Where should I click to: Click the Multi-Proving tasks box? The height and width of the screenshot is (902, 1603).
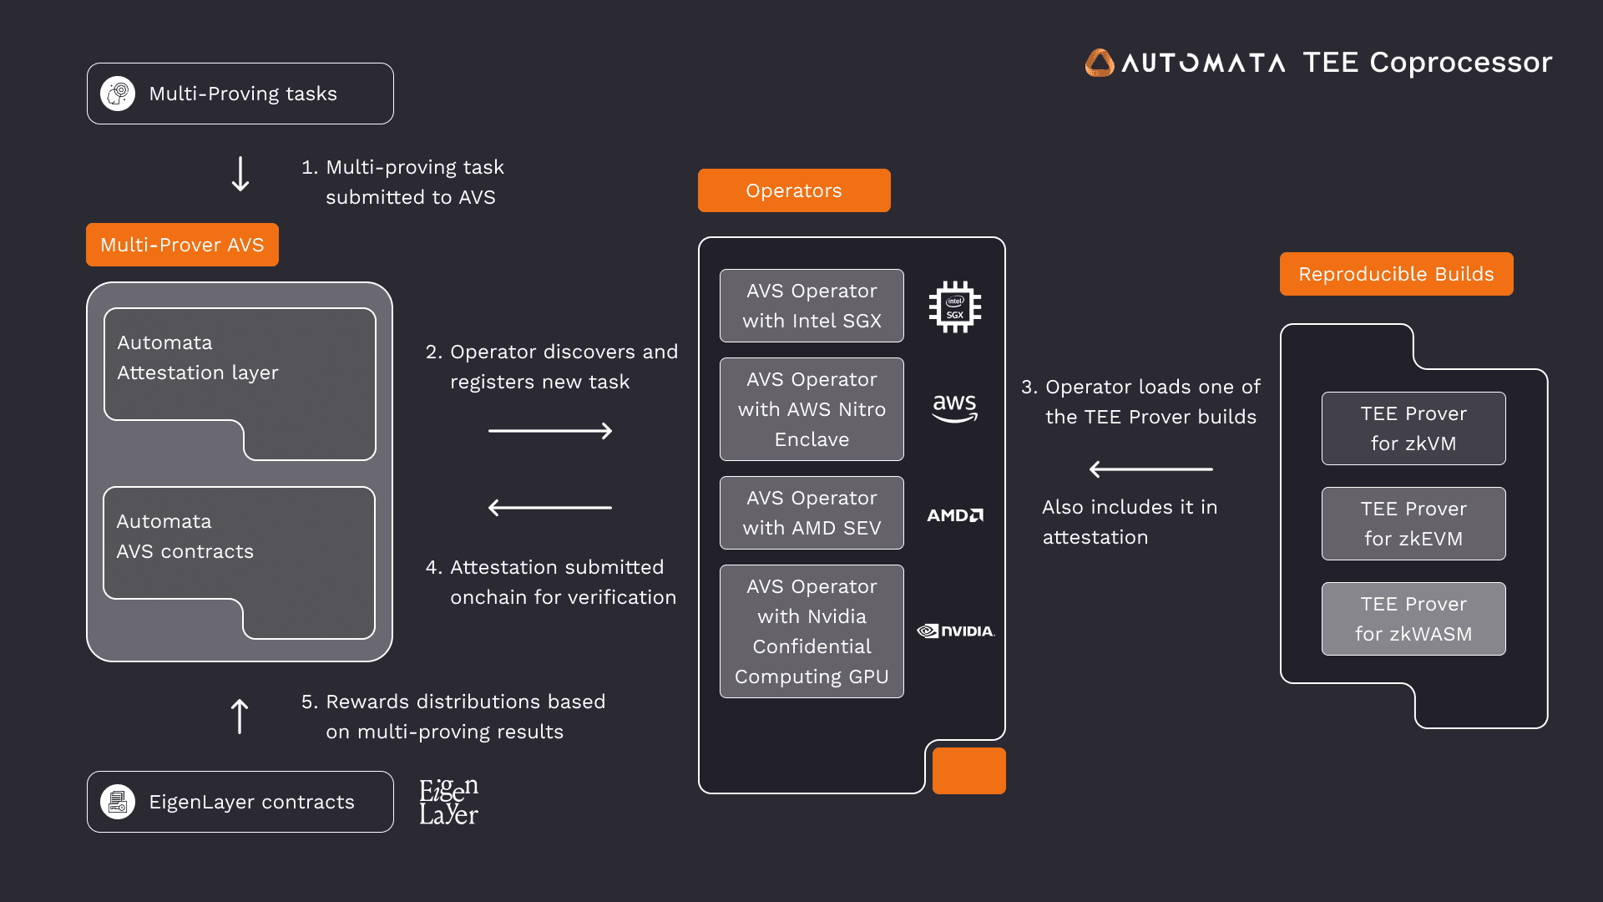(240, 94)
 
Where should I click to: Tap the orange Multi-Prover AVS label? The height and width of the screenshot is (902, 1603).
(182, 245)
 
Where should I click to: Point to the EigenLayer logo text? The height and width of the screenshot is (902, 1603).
(448, 802)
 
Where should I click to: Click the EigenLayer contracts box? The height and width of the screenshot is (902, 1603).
(240, 802)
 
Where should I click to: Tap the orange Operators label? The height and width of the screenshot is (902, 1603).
(793, 190)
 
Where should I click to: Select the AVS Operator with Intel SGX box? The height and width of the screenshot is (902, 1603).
(812, 306)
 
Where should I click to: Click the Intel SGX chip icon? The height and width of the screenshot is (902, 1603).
(955, 307)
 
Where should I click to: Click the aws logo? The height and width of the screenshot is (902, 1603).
(954, 408)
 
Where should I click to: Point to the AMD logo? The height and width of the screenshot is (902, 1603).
(955, 515)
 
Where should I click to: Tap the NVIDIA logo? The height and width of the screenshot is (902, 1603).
(956, 631)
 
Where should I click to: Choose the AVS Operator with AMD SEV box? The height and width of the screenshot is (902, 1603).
(812, 513)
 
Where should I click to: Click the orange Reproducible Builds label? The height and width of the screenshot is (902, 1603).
(1396, 274)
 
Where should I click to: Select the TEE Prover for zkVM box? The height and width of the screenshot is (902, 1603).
(1413, 428)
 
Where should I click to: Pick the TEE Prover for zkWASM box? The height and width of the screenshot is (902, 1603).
(1413, 619)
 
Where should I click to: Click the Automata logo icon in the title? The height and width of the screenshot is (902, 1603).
(1100, 63)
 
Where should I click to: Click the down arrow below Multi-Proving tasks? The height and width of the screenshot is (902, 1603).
(240, 174)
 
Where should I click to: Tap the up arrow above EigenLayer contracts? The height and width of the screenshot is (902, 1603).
(240, 717)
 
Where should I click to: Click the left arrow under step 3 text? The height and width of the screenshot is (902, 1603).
(1150, 469)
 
